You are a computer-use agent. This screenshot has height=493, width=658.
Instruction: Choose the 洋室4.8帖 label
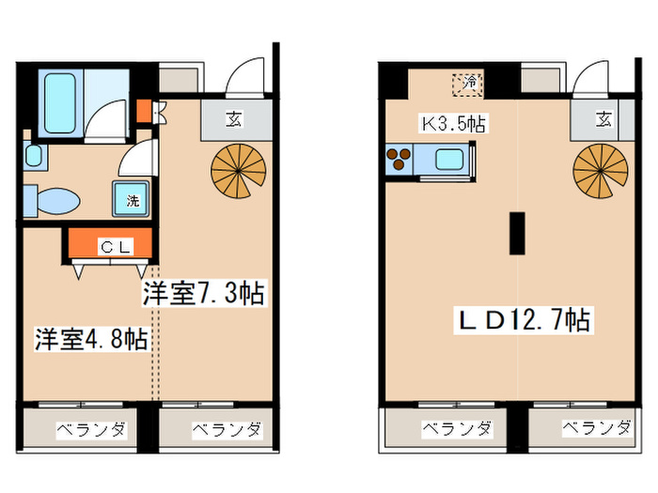pos(91,339)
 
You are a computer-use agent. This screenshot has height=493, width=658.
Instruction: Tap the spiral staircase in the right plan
pos(600,170)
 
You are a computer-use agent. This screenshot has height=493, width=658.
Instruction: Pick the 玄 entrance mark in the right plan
pos(603,119)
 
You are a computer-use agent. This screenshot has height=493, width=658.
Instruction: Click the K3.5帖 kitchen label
pos(451,123)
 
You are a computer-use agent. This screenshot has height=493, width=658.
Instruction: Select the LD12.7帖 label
pos(524,320)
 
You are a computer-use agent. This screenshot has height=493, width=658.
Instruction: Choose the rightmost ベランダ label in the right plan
pos(597,429)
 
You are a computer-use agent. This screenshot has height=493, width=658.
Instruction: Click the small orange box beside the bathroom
pos(142,111)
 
